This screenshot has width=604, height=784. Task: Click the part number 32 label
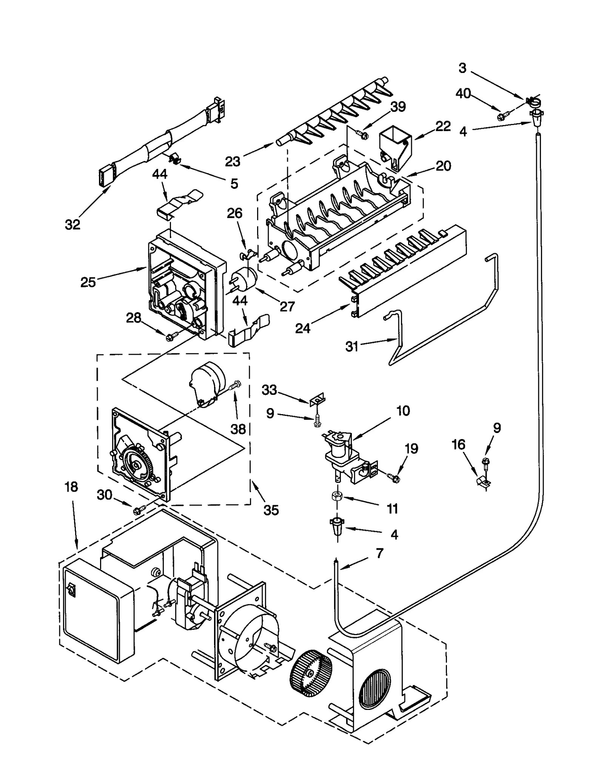point(72,224)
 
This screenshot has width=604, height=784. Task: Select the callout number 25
point(88,282)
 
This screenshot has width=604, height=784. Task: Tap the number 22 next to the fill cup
point(443,126)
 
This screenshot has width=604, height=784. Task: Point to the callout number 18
point(71,487)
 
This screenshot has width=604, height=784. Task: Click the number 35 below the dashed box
point(271,510)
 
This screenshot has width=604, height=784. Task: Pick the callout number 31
point(352,346)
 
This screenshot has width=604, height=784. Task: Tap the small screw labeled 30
point(137,510)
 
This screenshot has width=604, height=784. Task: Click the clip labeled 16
point(482,481)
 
